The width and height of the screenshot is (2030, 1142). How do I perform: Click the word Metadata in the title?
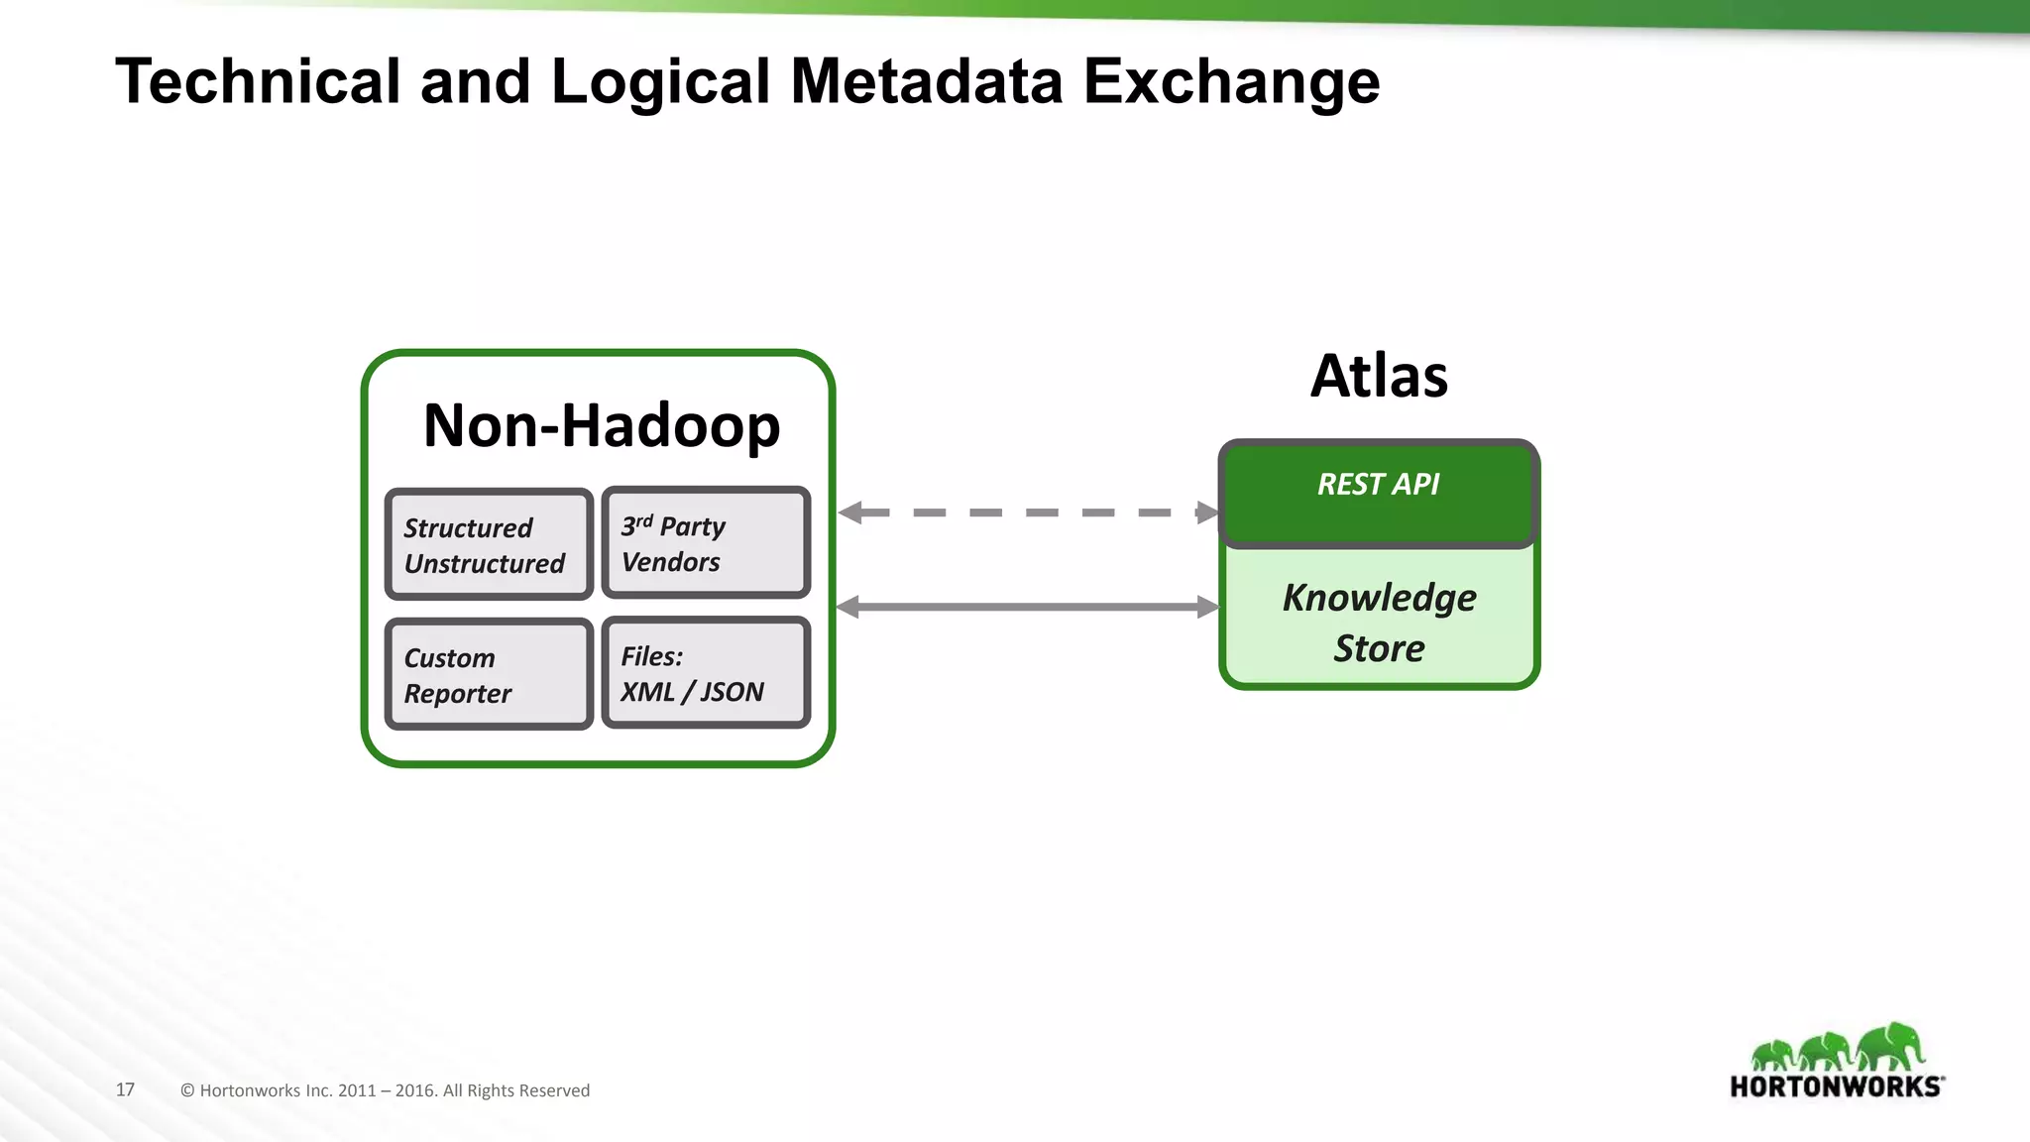coord(926,81)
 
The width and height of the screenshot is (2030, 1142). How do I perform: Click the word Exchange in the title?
coord(1231,81)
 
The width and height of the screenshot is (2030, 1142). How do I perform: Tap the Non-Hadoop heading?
coord(601,425)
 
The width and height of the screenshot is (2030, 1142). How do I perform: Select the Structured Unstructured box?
coord(489,544)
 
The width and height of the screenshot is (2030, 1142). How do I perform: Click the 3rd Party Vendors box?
coord(706,542)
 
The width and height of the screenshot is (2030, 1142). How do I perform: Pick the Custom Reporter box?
coord(489,674)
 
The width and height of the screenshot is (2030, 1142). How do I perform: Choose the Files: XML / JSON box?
coord(706,672)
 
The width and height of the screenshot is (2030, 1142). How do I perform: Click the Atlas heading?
coord(1379,377)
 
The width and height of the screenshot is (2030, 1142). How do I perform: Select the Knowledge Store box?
coord(1379,622)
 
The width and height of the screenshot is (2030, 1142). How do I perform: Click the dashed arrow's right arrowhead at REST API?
coord(1207,513)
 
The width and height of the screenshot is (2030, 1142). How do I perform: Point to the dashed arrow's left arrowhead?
coord(850,513)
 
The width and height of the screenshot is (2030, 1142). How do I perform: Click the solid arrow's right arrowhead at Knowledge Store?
coord(1207,607)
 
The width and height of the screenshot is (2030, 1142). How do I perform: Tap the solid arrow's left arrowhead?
coord(848,607)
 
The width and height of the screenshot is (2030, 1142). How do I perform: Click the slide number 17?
coord(125,1089)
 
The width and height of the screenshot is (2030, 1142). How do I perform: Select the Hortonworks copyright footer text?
coord(385,1090)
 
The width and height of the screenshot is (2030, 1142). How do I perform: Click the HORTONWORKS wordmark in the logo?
coord(1836,1086)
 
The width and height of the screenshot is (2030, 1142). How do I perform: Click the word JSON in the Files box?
coord(732,692)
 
